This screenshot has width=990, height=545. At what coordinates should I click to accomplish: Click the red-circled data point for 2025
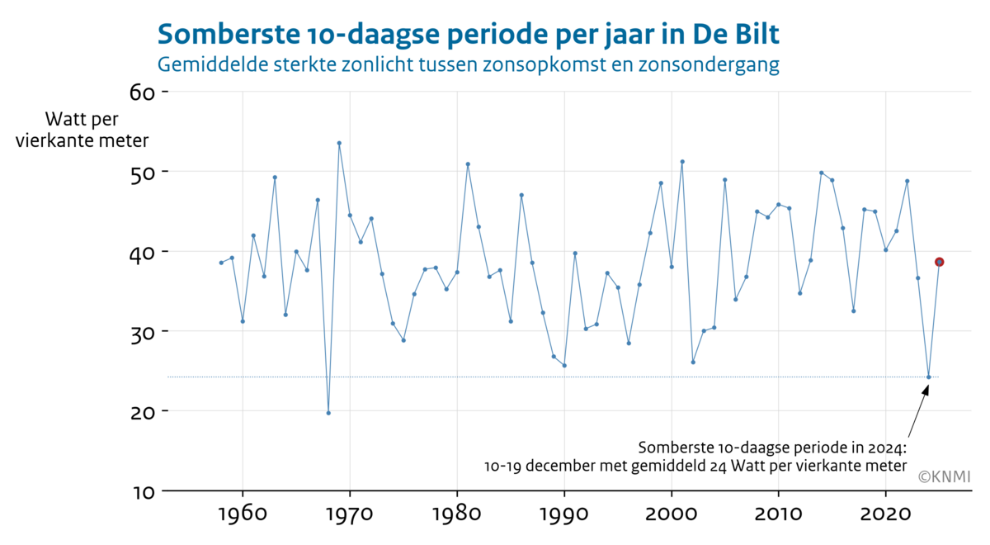click(939, 262)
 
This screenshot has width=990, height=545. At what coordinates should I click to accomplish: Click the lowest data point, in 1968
click(328, 413)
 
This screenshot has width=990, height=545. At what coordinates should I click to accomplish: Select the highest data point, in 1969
click(339, 143)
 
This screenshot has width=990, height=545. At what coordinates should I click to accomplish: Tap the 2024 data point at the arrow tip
click(928, 377)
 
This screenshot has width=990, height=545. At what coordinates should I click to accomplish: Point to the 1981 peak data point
click(468, 164)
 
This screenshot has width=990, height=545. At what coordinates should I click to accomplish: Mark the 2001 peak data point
click(682, 162)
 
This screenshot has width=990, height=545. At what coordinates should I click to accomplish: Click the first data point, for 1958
click(221, 263)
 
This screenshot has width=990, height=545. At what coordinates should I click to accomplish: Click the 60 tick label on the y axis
click(143, 92)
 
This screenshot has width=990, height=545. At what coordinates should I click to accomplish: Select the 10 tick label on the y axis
click(143, 491)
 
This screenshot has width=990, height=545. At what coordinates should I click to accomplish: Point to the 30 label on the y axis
click(143, 332)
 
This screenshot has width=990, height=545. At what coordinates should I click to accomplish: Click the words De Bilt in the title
click(736, 35)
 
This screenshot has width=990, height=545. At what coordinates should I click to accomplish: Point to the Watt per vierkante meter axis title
click(82, 129)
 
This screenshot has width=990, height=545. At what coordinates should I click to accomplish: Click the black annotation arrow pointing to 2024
click(917, 413)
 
